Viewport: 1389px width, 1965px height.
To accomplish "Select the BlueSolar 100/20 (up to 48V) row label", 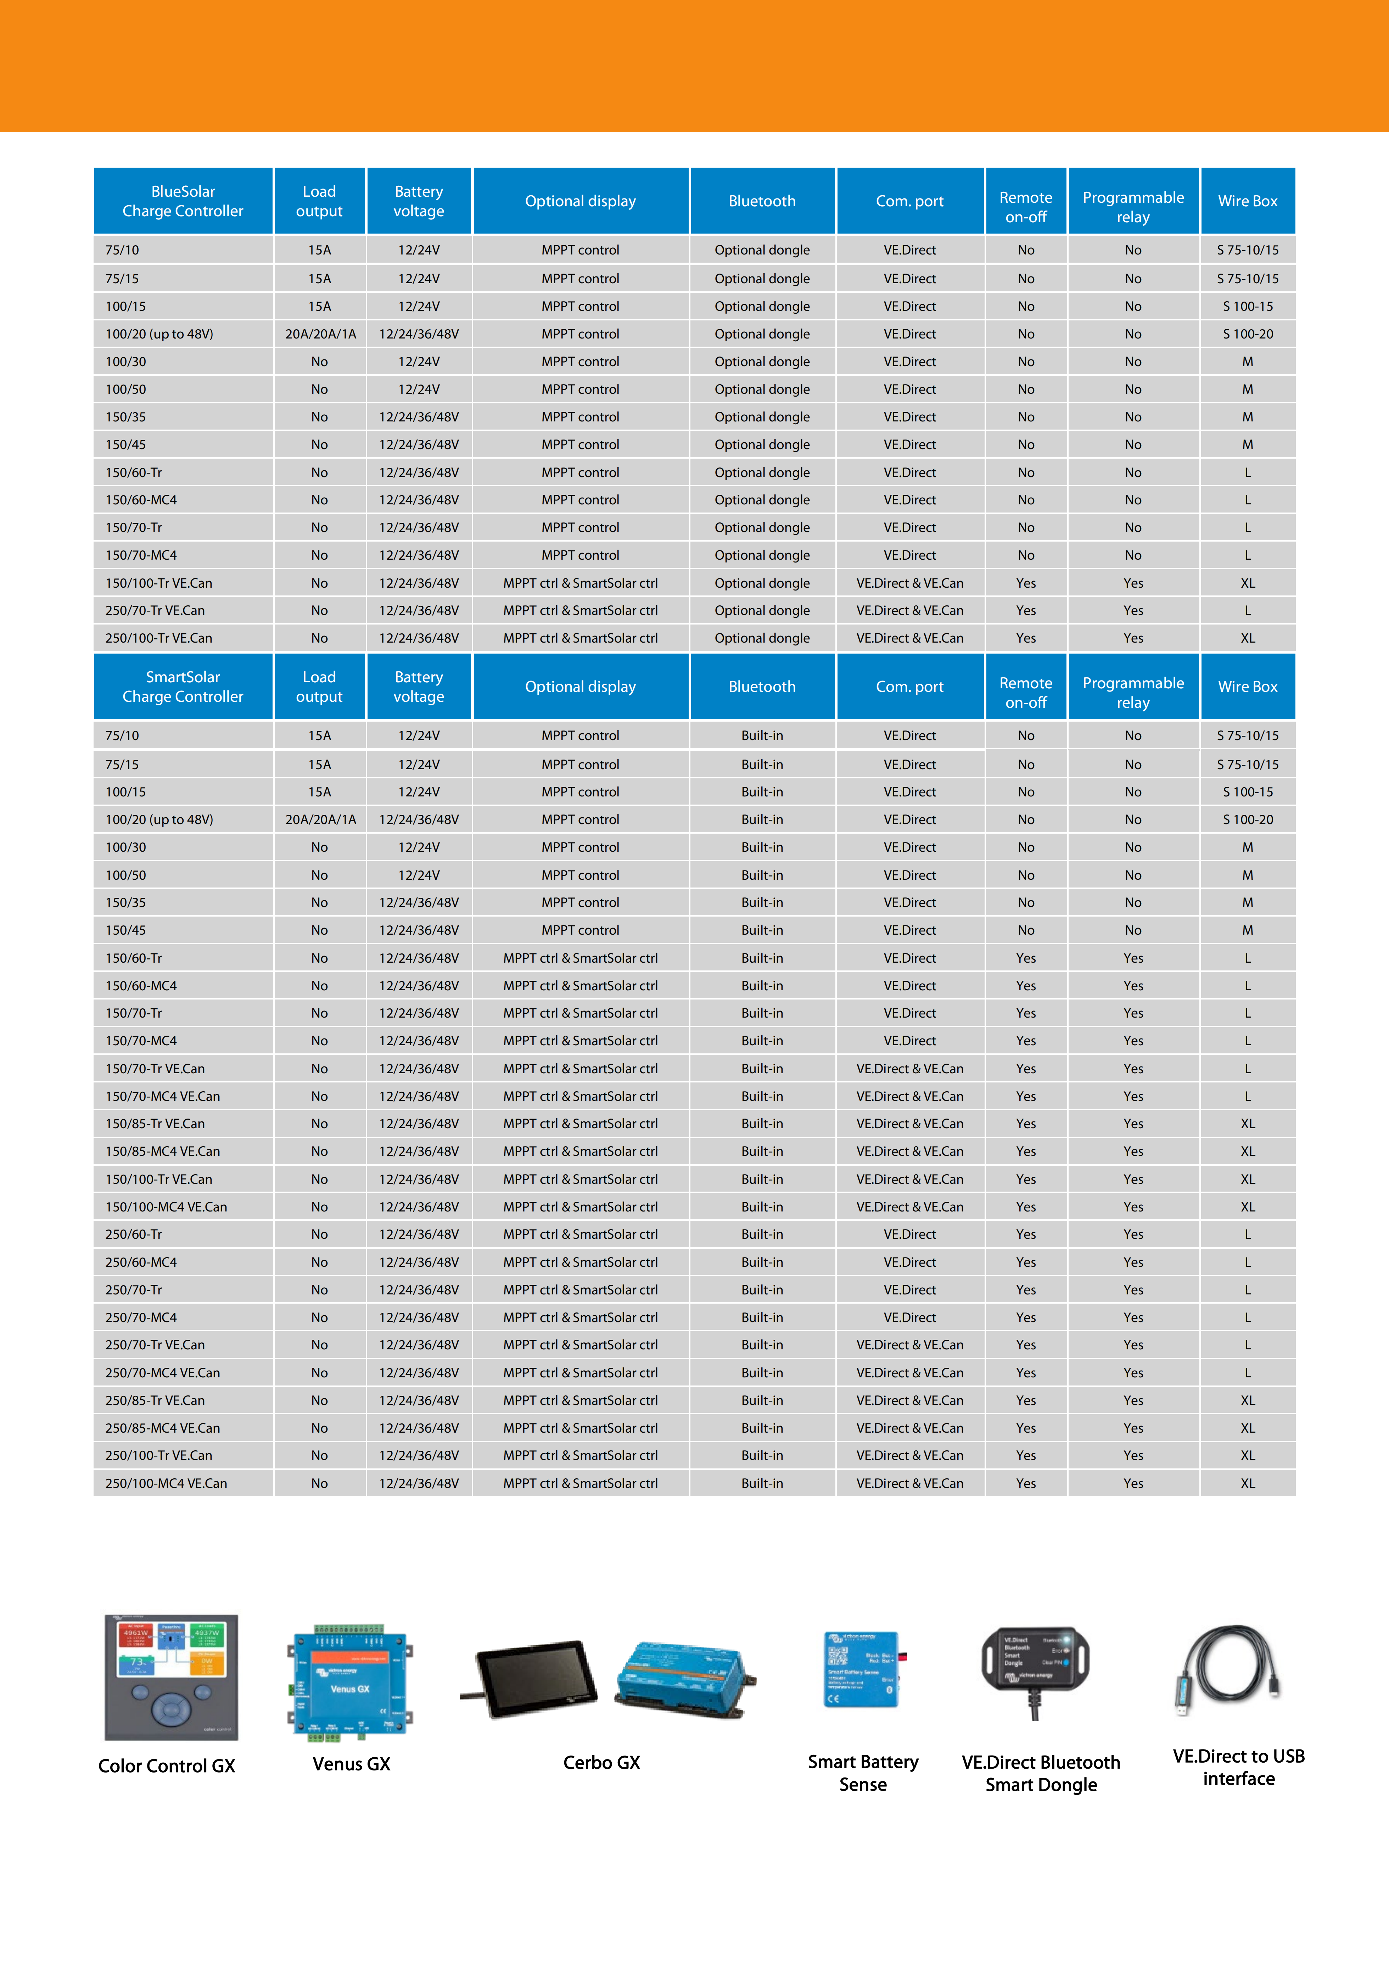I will click(x=159, y=334).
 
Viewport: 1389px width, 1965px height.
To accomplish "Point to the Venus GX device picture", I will click(x=351, y=1682).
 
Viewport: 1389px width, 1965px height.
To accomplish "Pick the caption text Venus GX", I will click(x=351, y=1764).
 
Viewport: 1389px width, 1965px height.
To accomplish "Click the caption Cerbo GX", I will click(x=602, y=1762).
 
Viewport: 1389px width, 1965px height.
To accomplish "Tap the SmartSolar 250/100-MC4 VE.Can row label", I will click(x=166, y=1483).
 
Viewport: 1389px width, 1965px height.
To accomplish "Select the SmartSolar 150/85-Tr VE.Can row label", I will click(x=155, y=1124).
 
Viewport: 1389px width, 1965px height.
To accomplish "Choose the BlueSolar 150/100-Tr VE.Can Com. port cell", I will click(x=910, y=583).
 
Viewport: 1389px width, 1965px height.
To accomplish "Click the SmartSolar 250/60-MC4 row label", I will click(x=141, y=1263).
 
